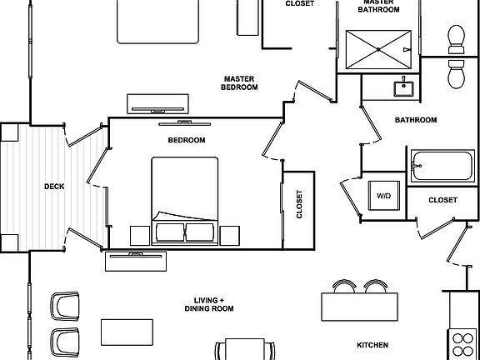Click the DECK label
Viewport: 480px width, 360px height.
pyautogui.click(x=54, y=187)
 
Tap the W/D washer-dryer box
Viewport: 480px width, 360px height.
pyautogui.click(x=384, y=196)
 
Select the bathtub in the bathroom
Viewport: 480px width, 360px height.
pyautogui.click(x=442, y=166)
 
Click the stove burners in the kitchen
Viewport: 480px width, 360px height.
pyautogui.click(x=462, y=345)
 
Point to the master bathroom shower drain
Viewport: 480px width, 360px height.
pyautogui.click(x=378, y=49)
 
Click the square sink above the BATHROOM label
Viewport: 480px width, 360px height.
pyautogui.click(x=403, y=89)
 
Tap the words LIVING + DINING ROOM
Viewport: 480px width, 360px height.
pyautogui.click(x=209, y=304)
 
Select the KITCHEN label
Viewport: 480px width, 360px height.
pyautogui.click(x=372, y=345)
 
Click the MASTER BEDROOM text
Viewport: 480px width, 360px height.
pyautogui.click(x=239, y=83)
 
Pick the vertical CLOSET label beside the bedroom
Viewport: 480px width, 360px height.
pyautogui.click(x=299, y=204)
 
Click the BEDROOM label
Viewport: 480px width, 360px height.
pyautogui.click(x=187, y=140)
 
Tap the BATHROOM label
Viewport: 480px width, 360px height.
pyautogui.click(x=416, y=120)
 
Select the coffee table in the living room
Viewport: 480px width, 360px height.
pyautogui.click(x=127, y=332)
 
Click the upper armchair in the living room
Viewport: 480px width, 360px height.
pyautogui.click(x=65, y=306)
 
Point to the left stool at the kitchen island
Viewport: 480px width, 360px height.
pyautogui.click(x=344, y=287)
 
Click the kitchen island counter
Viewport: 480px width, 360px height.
pyautogui.click(x=360, y=307)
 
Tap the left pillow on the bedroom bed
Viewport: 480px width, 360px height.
pyautogui.click(x=170, y=232)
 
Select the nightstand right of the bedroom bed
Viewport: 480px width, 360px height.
pyautogui.click(x=230, y=236)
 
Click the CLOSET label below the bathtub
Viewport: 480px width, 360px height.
pyautogui.click(x=443, y=200)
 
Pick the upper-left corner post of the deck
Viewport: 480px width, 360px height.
pyautogui.click(x=9, y=132)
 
